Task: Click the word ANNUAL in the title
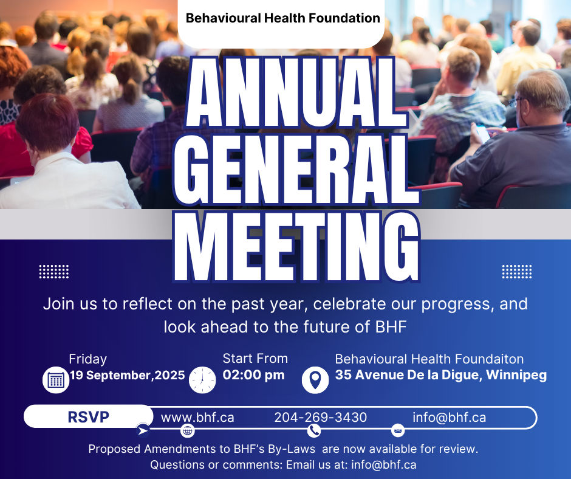tap(296, 92)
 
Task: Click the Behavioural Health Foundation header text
tap(282, 18)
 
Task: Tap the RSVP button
tap(89, 416)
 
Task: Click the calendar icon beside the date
tap(56, 380)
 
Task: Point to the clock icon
tap(202, 380)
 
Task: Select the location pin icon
tap(315, 380)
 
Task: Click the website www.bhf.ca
tap(197, 418)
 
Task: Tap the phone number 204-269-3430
tap(321, 418)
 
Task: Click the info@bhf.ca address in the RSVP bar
tap(450, 418)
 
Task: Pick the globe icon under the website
tap(188, 431)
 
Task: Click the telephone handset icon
tap(314, 431)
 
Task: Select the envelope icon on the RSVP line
tap(398, 431)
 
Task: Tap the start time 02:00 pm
tap(253, 374)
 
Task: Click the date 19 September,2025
tap(128, 375)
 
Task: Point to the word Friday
tap(87, 359)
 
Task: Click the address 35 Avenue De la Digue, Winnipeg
tap(441, 374)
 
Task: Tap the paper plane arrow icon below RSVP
tap(143, 430)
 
